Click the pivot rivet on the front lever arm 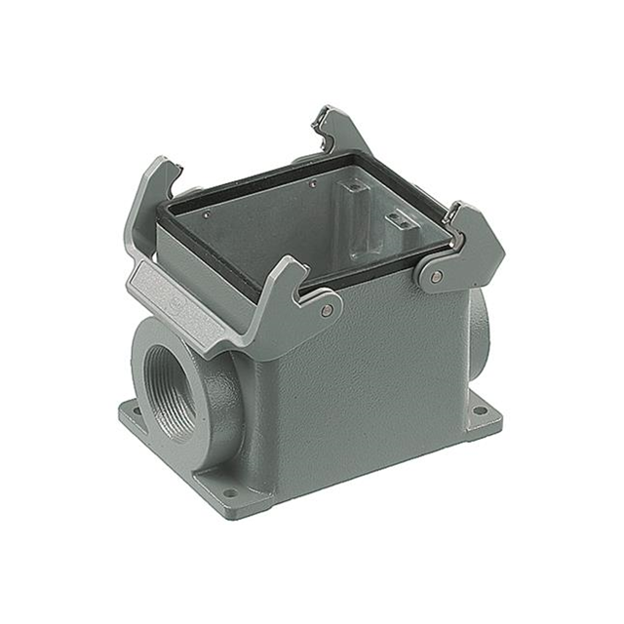(x=327, y=310)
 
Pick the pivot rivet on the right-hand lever (x=435, y=278)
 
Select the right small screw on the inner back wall (x=311, y=182)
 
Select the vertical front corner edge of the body (x=275, y=409)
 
